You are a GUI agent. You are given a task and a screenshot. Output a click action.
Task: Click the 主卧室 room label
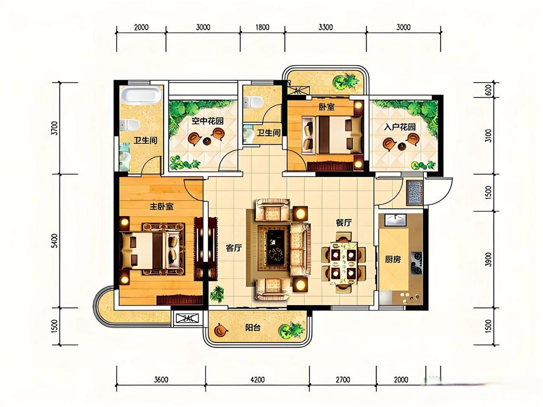[x=162, y=207]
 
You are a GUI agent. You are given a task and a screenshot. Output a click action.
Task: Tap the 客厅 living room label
[x=234, y=248]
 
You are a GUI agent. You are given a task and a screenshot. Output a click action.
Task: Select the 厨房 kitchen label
[x=393, y=259]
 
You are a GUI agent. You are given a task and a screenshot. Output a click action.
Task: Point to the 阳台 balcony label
[x=253, y=328]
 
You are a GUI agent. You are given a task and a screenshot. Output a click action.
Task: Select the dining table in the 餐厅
[x=344, y=263]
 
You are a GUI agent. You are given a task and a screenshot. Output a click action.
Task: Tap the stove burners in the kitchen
[x=416, y=263]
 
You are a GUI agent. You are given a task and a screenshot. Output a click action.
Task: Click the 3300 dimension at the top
[x=326, y=27]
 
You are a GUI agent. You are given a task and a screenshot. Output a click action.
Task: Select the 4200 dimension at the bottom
[x=258, y=379]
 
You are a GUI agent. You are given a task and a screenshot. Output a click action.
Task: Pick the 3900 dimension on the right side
[x=488, y=259]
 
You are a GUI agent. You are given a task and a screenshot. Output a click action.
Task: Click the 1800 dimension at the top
[x=262, y=27]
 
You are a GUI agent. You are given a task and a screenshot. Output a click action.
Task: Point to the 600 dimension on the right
[x=488, y=90]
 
